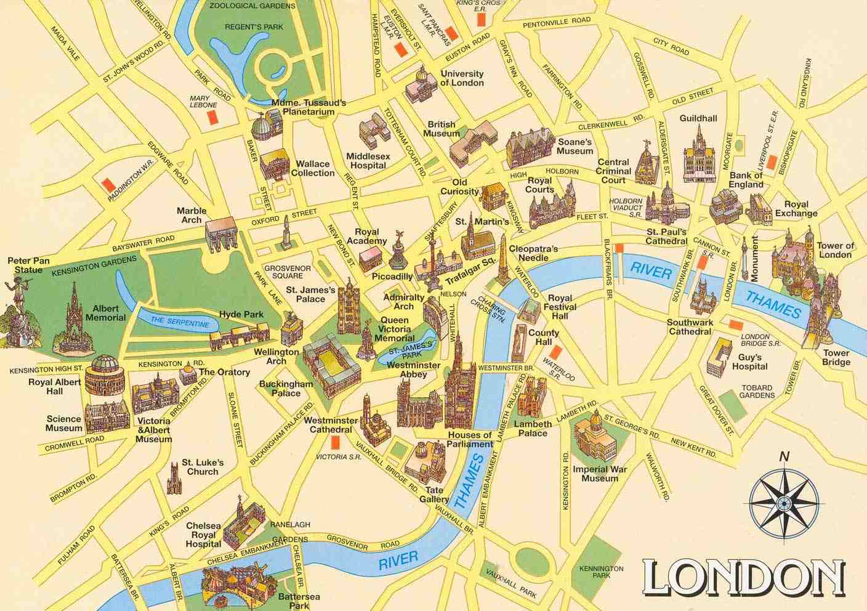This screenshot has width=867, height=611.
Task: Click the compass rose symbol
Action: tap(784, 503)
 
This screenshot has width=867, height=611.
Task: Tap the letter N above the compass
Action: tap(784, 457)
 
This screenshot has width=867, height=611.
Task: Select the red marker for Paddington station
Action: tap(108, 184)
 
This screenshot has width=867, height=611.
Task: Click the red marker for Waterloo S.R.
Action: tap(557, 353)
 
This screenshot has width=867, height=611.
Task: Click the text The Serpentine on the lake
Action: tap(176, 322)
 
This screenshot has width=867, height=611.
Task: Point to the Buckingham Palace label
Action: tap(286, 388)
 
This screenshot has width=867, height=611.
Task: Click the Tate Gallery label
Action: tap(433, 494)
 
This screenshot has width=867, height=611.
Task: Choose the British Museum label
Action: tap(441, 128)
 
